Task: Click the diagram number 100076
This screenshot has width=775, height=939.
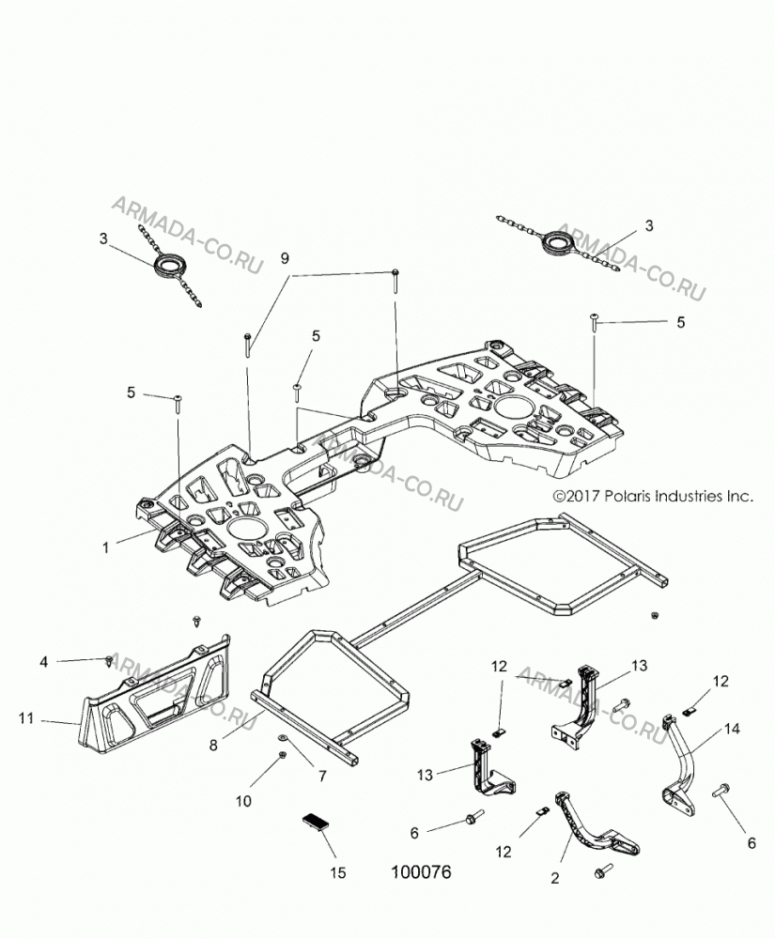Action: coord(421,872)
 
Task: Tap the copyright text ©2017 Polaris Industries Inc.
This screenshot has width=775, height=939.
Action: coord(652,496)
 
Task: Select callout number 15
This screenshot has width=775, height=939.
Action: coord(338,872)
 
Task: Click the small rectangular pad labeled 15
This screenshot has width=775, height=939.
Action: coord(317,821)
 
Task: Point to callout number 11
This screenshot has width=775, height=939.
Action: coord(26,717)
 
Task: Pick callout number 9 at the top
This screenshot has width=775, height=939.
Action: coord(285,258)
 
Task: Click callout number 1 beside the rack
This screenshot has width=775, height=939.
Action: coord(106,547)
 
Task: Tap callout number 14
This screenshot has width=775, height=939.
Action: coord(732,729)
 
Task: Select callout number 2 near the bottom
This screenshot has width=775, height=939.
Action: coord(554,879)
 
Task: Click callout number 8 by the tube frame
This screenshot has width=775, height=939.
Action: coord(214,747)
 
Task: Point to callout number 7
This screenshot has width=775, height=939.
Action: coord(322,777)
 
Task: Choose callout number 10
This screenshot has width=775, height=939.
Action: coord(243,801)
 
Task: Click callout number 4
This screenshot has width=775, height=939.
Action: coord(44,662)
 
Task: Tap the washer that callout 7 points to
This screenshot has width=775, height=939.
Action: coord(282,736)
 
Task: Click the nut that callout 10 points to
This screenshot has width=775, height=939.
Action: coord(282,756)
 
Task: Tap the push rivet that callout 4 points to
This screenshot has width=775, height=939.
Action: coord(108,660)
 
